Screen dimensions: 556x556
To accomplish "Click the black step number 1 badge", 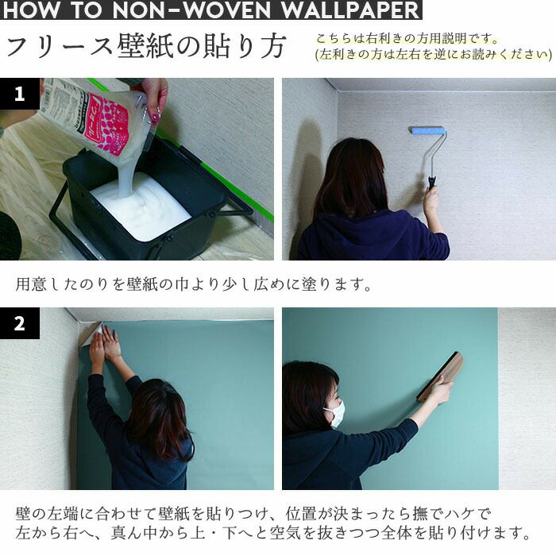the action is point(20,94).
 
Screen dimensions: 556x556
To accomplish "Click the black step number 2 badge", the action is point(20,323).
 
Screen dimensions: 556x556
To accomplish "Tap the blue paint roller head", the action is point(427,130).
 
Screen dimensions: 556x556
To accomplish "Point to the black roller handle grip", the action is point(431,183).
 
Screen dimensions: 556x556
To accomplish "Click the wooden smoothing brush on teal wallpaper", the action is point(440,376).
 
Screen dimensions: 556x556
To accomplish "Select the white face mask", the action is point(335,414).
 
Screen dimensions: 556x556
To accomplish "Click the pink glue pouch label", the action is point(108,124).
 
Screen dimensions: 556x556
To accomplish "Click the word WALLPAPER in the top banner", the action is point(350,10).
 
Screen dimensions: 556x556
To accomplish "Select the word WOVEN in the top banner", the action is point(228,10).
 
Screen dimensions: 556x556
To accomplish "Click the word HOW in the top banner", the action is point(31,10).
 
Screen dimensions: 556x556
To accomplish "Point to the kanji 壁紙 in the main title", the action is point(145,46).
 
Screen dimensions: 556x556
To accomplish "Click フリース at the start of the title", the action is point(60,46).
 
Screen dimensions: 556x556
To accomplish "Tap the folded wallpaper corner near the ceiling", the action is point(90,334).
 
